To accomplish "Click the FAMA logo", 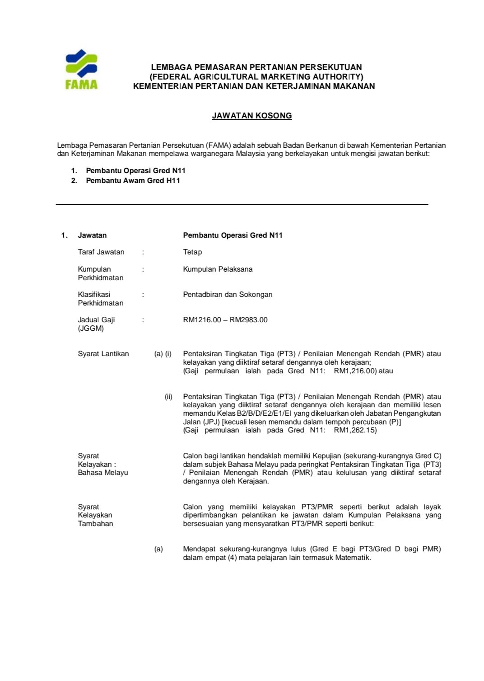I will [81, 69].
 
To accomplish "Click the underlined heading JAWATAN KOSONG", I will [252, 116].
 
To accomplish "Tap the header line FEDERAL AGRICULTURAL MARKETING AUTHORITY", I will [256, 77].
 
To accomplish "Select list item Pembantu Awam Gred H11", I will [133, 180].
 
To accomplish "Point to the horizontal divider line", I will [242, 205].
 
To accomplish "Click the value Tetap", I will [192, 252].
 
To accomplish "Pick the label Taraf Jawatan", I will [101, 252].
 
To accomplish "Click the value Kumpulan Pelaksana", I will [218, 269].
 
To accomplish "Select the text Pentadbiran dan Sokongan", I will [228, 295].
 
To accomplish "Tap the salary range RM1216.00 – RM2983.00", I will [225, 320].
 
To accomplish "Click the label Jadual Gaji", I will [96, 320].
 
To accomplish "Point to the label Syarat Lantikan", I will [103, 354].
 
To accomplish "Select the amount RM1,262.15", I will [355, 430].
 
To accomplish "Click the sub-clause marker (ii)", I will [168, 397].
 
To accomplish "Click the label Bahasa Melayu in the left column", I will [103, 473].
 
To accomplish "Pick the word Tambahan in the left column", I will [95, 524].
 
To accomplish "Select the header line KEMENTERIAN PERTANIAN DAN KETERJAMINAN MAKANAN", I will [254, 86].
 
